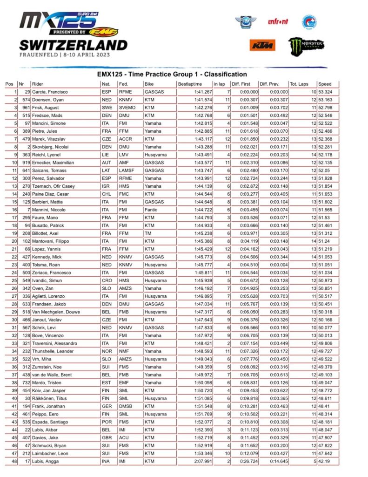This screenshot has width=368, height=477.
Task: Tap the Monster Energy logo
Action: coord(306,46)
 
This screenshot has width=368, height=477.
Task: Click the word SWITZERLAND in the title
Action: coord(73,45)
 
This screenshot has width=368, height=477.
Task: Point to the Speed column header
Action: coord(325,84)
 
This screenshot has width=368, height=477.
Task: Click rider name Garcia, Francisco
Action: coord(49,92)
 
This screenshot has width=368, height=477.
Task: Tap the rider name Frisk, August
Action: coord(46,108)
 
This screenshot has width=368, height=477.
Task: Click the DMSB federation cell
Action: coord(125,406)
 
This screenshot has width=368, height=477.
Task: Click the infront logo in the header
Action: coord(278,21)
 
